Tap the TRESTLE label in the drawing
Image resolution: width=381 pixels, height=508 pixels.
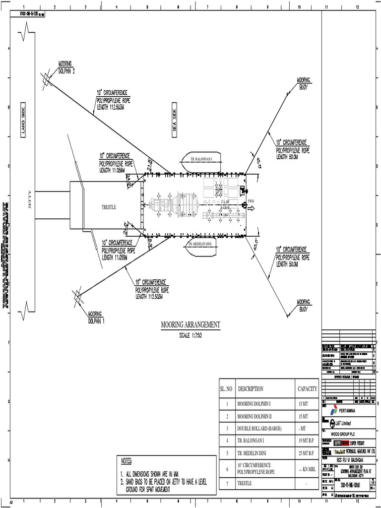[108, 207]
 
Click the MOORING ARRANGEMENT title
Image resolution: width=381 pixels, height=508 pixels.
[190, 325]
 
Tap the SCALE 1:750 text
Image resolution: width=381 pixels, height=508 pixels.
[190, 335]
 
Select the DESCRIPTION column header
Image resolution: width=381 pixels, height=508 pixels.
[251, 389]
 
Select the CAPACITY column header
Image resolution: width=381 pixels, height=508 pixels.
[307, 389]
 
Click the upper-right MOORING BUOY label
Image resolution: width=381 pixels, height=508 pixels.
[304, 82]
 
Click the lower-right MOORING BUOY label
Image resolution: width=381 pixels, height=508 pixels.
[304, 304]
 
